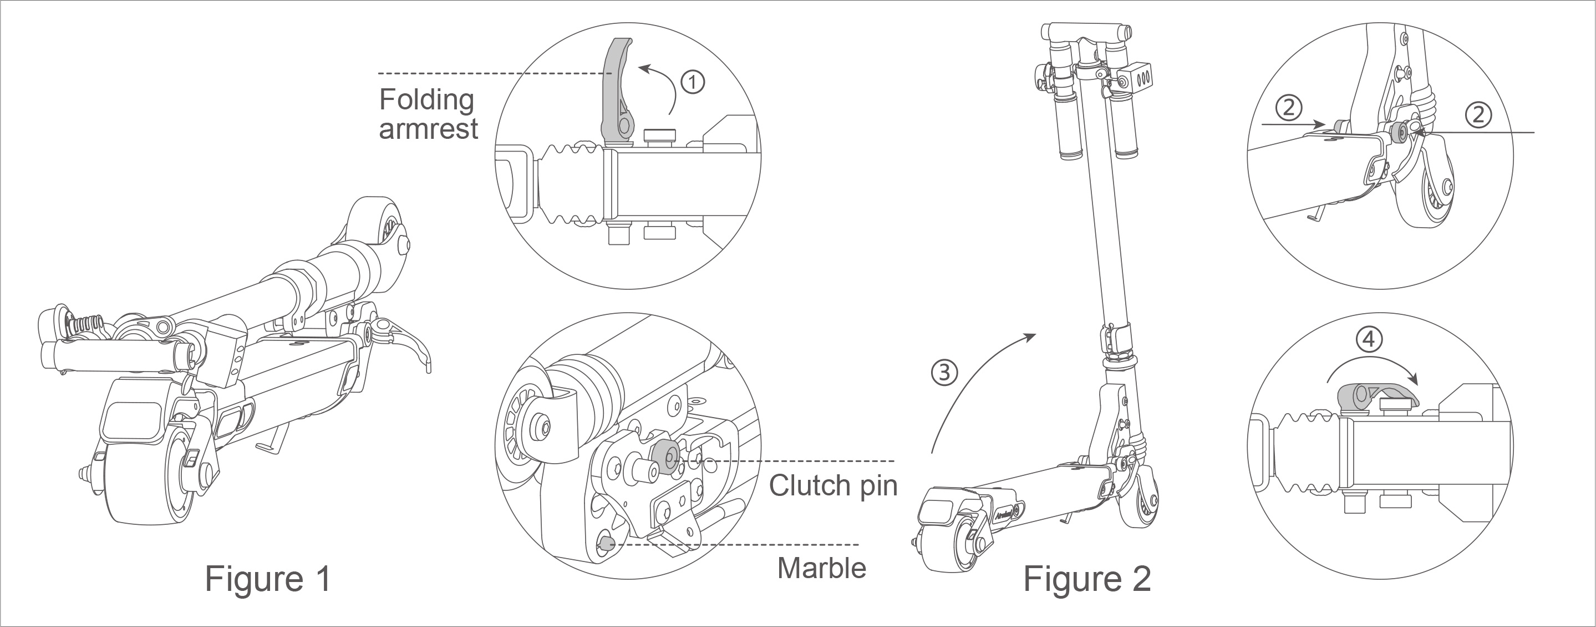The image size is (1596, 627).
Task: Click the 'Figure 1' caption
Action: pyautogui.click(x=268, y=579)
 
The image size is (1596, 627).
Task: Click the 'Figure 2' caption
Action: pyautogui.click(x=1087, y=579)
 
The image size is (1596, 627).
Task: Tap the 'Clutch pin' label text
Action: pyautogui.click(x=833, y=485)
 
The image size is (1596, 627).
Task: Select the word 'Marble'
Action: pyautogui.click(x=821, y=568)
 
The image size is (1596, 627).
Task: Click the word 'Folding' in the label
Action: pyautogui.click(x=427, y=99)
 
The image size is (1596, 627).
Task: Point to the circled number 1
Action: pyautogui.click(x=693, y=81)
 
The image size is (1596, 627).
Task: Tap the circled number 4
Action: pyautogui.click(x=1369, y=339)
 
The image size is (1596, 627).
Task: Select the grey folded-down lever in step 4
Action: pyautogui.click(x=1375, y=395)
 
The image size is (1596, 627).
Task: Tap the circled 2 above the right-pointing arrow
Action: pyautogui.click(x=1288, y=108)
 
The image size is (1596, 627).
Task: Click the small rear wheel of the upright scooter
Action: pyautogui.click(x=1143, y=503)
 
